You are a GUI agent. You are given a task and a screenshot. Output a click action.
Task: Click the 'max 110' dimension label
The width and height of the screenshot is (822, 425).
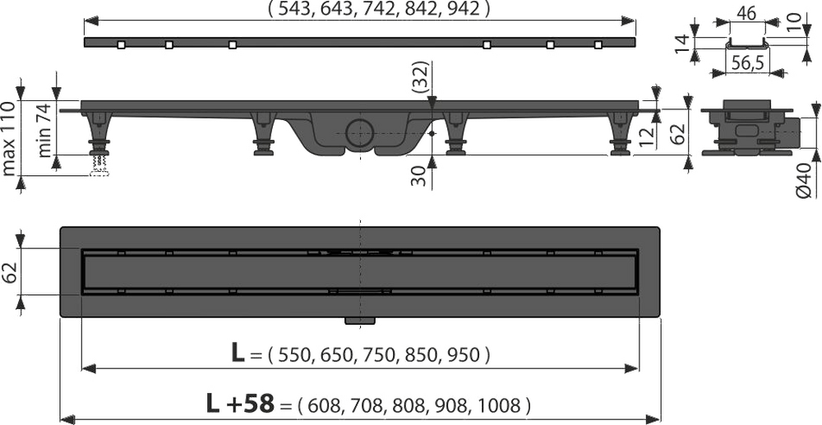9,138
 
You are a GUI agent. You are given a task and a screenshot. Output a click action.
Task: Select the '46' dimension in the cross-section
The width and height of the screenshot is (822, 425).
746,15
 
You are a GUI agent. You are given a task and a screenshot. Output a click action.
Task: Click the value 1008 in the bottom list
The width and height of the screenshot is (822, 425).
506,405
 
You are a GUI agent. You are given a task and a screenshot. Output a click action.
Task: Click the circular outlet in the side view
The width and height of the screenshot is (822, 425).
358,132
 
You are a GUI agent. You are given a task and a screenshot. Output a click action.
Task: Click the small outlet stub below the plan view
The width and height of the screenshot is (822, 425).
358,320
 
